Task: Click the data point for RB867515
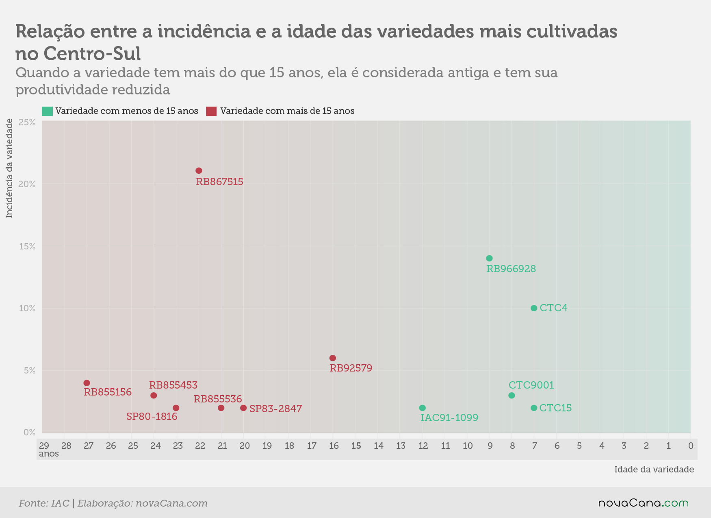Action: point(199,170)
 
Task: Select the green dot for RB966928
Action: point(489,258)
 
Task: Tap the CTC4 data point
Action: point(534,308)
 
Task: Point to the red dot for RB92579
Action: point(333,358)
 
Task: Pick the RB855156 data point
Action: point(87,383)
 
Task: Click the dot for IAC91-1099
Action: point(422,408)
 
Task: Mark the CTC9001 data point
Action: point(512,396)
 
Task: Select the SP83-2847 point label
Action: point(275,409)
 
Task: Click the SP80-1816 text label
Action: point(152,416)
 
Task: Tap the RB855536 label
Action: point(218,399)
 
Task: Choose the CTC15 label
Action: point(555,408)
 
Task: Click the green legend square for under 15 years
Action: point(48,111)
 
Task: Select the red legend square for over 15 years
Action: point(211,111)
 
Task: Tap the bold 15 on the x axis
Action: point(356,446)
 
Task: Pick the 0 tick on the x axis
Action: point(691,446)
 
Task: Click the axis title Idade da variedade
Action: point(654,470)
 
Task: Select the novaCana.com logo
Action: point(644,503)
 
